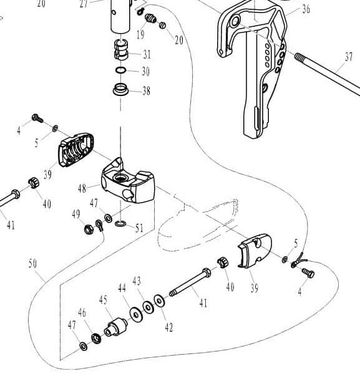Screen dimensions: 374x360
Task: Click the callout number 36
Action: pyautogui.click(x=306, y=9)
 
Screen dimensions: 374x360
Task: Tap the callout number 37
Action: pyautogui.click(x=349, y=57)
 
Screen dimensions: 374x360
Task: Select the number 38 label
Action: pyautogui.click(x=146, y=91)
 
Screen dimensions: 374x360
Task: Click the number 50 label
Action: pyautogui.click(x=32, y=263)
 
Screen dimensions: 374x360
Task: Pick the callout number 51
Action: pyautogui.click(x=139, y=228)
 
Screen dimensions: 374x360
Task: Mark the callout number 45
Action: pyautogui.click(x=104, y=300)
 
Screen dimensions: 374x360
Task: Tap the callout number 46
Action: pyautogui.click(x=82, y=312)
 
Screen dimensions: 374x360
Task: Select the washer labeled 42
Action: pyautogui.click(x=160, y=302)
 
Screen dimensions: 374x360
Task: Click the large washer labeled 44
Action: pyautogui.click(x=134, y=312)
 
